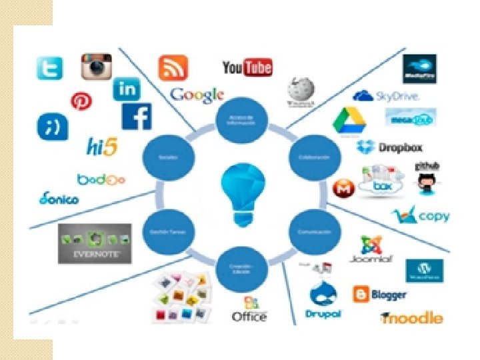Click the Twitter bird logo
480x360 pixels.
(x=49, y=69)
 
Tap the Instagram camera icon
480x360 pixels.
(x=96, y=67)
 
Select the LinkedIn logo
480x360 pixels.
(x=126, y=89)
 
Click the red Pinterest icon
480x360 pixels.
(x=81, y=101)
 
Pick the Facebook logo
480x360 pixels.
(x=136, y=116)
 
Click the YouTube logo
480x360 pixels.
(x=247, y=67)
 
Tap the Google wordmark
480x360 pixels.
(x=197, y=95)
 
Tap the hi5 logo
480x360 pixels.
(x=102, y=146)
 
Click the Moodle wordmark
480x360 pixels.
(x=411, y=317)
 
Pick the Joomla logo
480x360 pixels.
(x=371, y=249)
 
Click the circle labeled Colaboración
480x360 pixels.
(x=309, y=158)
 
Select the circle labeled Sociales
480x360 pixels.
(x=167, y=158)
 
